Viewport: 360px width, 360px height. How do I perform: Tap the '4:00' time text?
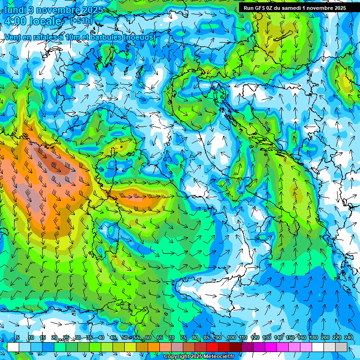click(x=16, y=21)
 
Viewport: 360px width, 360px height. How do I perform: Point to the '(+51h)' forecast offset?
click(x=81, y=21)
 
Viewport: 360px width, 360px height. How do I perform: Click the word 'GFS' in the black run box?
click(x=261, y=8)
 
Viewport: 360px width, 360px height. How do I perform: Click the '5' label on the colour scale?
click(x=17, y=338)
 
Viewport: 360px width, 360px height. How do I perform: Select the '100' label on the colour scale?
click(x=231, y=338)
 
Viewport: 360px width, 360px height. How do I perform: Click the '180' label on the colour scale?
click(x=313, y=338)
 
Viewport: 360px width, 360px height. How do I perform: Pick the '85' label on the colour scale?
click(x=206, y=338)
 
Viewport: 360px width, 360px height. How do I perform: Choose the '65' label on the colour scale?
click(x=159, y=338)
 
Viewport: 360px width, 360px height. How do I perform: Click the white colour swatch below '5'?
click(x=13, y=347)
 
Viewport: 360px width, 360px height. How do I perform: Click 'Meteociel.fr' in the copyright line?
click(x=219, y=357)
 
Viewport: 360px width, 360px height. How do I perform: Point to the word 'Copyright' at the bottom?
click(x=176, y=357)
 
